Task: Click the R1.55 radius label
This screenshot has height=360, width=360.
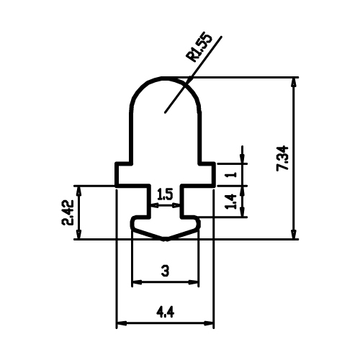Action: tap(199, 48)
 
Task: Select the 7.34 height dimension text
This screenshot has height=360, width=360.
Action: tap(282, 158)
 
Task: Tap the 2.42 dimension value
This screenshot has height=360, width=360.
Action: tap(68, 212)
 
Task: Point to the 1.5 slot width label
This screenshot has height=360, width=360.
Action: tap(165, 194)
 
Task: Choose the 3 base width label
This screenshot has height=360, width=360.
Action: tap(165, 271)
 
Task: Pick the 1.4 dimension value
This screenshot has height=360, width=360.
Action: tap(231, 202)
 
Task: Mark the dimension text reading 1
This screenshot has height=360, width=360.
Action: tap(231, 174)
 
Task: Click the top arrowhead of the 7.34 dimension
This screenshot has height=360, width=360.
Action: tap(294, 82)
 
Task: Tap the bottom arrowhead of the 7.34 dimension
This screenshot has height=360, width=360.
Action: tap(294, 235)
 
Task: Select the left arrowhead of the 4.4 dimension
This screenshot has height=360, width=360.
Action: tap(122, 323)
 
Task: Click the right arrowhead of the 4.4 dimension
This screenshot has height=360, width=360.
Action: tap(209, 323)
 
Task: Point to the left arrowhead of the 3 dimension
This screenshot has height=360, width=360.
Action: tap(138, 282)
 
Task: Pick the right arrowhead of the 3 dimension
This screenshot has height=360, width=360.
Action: tap(194, 282)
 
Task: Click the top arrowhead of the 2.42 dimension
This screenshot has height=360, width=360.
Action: tap(78, 190)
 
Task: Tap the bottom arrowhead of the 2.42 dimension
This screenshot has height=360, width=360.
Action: tap(78, 235)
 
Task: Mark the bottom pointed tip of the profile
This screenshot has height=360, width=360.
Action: tap(165, 239)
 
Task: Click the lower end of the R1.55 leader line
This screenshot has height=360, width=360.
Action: tap(165, 112)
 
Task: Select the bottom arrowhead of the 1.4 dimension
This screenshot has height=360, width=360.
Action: tap(243, 212)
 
